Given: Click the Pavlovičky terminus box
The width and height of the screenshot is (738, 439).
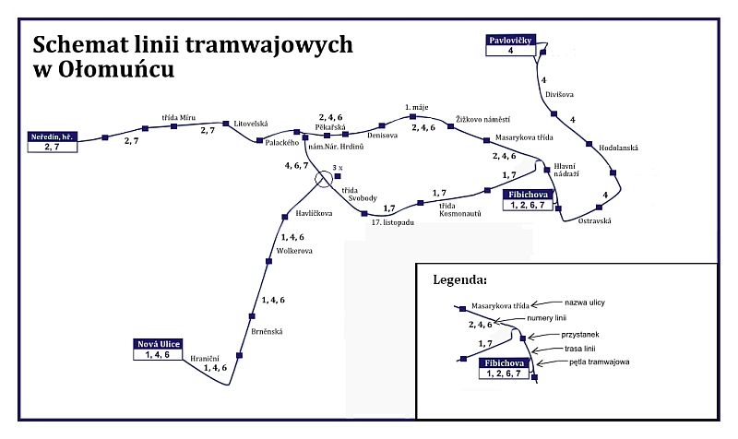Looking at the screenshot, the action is (x=511, y=45).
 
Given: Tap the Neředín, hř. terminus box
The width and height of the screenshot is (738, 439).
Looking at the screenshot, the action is (x=53, y=142).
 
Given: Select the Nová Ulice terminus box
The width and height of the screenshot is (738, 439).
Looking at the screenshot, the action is (x=158, y=350).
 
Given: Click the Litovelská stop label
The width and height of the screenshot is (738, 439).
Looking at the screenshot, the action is (x=251, y=124).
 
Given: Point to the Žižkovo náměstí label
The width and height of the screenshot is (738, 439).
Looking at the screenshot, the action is (x=482, y=120).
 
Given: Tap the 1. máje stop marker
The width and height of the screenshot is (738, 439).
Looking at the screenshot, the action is (x=412, y=117).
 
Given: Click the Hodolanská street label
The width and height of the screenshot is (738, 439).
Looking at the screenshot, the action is (x=618, y=148).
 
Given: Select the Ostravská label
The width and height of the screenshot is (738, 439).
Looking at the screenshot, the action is (x=594, y=220).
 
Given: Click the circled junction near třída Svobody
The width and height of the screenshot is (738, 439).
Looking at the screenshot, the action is (x=324, y=179).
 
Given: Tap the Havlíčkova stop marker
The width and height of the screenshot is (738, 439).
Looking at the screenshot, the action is (x=285, y=217).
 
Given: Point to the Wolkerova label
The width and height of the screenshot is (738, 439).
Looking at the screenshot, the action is (x=294, y=251).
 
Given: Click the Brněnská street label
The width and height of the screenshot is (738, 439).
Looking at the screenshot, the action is (x=267, y=332).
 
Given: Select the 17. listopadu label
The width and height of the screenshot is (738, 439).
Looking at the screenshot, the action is (x=393, y=222).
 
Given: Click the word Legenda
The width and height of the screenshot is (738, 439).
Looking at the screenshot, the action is (x=459, y=280).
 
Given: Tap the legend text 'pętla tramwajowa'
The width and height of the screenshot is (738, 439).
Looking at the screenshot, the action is (x=599, y=362).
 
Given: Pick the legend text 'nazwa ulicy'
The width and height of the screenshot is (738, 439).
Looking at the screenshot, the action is (x=585, y=303).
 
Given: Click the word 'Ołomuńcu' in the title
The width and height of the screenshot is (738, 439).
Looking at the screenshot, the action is (x=116, y=69).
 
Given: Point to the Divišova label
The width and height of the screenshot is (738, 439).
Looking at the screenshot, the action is (x=559, y=94).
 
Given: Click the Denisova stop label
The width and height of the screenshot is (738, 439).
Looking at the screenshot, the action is (x=382, y=136).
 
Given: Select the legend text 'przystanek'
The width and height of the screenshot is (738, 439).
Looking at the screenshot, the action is (x=580, y=335).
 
